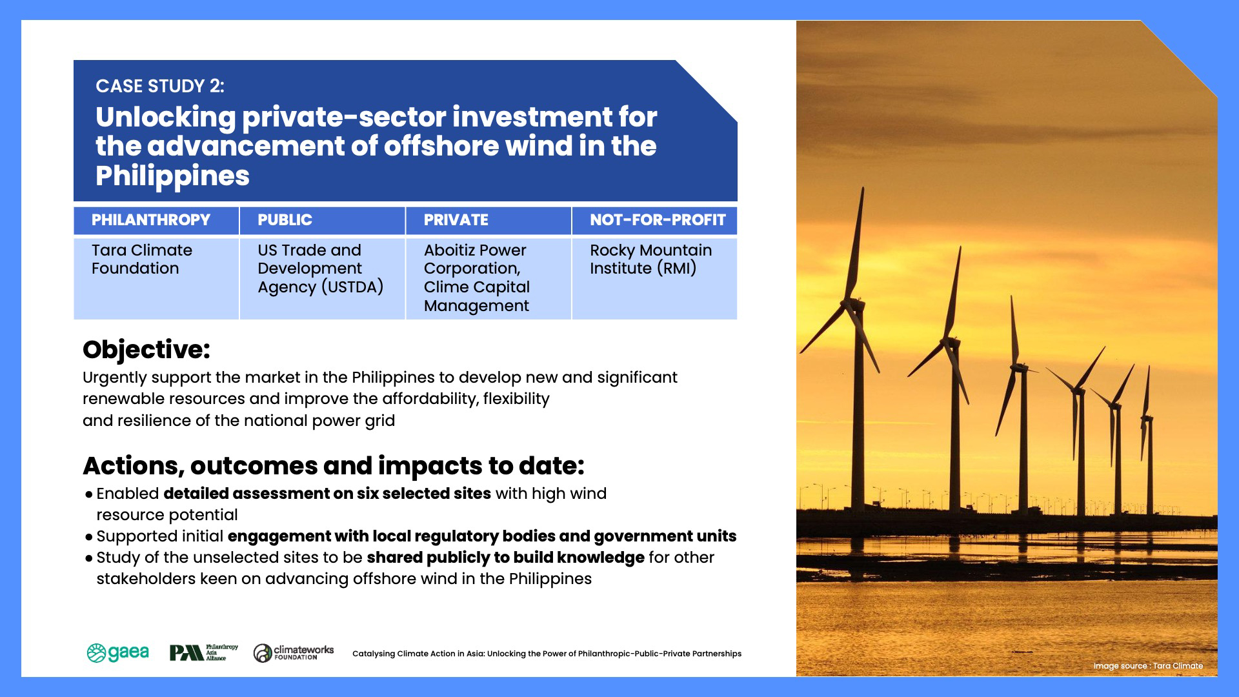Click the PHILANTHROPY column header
point(151,220)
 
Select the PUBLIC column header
point(285,220)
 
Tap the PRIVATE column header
point(456,220)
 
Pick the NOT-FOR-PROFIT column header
point(658,220)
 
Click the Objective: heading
point(146,350)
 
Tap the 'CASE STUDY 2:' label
point(160,86)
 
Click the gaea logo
point(118,653)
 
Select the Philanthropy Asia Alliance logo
point(204,653)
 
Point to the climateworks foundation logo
point(294,652)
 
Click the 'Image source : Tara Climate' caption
point(1148,666)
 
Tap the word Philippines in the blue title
point(172,176)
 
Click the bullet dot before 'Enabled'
point(89,495)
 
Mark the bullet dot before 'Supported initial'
point(89,538)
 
